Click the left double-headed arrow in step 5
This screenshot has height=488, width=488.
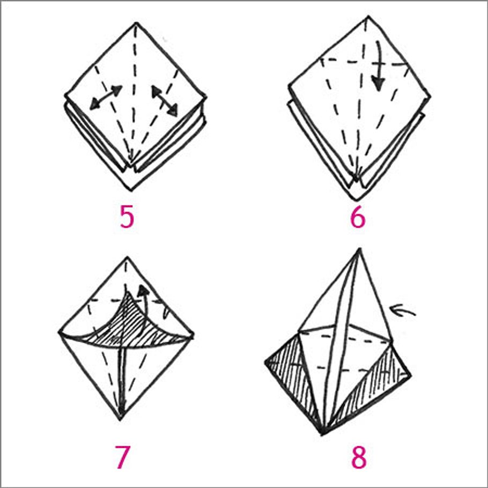coord(106,98)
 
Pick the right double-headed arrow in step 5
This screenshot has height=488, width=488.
coord(165,100)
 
